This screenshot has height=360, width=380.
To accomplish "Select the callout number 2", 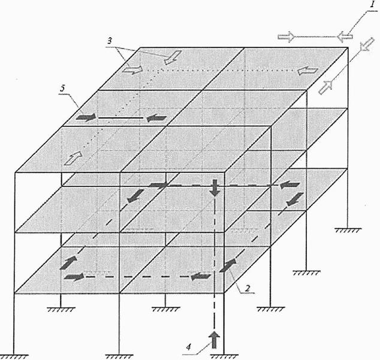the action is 247,288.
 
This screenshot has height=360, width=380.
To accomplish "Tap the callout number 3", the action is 110,41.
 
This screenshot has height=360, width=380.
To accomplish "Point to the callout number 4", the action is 189,347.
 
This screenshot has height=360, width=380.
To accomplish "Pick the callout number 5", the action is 63,89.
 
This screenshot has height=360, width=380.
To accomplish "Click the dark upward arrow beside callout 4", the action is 214,340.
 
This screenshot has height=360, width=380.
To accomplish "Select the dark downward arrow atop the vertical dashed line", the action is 215,187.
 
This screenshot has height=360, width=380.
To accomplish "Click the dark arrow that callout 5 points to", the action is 86,117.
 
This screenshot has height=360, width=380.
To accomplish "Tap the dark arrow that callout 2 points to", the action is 228,265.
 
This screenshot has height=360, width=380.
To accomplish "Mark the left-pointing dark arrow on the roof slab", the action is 156,118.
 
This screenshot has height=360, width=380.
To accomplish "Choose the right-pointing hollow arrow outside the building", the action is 286,37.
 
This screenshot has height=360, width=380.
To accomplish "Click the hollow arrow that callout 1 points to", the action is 345,37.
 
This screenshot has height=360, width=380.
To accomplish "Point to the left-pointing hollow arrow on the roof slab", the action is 307,71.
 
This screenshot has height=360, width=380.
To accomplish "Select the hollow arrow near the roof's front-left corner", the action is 73,158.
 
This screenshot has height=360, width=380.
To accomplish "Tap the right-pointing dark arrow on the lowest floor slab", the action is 74,277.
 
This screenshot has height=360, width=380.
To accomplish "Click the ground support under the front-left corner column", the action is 14,357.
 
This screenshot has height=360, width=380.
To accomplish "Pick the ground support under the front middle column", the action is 119,357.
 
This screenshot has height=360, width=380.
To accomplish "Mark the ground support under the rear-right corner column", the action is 348,230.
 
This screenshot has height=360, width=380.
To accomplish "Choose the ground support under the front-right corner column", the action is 224,357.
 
